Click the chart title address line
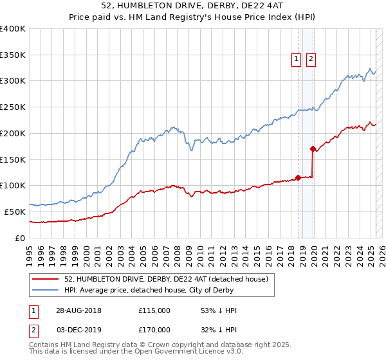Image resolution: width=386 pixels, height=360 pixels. (192, 6)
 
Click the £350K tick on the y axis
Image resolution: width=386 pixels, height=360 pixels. (13, 55)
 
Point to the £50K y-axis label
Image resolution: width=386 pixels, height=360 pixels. (15, 212)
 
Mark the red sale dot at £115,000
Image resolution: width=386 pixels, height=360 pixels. (299, 177)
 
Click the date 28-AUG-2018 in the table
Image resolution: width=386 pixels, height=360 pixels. (78, 310)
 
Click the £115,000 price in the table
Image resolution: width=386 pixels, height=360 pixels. (154, 310)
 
